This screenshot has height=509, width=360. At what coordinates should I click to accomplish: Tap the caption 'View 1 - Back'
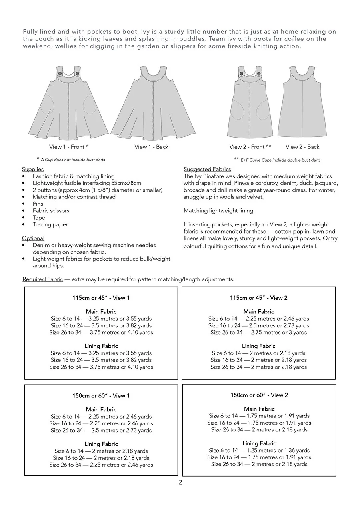coord(152,147)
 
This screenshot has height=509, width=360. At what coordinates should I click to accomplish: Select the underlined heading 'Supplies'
coord(33,169)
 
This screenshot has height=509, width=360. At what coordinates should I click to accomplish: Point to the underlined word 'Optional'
coord(33,238)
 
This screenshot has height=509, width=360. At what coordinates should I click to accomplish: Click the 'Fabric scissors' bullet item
coord(51,210)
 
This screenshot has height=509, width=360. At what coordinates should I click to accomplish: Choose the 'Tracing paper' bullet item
coord(50,224)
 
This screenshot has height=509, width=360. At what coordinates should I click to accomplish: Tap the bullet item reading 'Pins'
coord(38,204)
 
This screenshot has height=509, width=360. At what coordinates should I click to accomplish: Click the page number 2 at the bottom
coord(180,482)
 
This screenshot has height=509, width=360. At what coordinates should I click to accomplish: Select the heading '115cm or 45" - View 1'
coord(101,298)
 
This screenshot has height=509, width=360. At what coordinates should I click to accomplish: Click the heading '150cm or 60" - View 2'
coord(259,395)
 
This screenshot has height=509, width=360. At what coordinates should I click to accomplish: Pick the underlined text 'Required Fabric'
coord(43,279)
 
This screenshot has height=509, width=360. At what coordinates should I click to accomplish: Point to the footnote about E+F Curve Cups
coord(277,160)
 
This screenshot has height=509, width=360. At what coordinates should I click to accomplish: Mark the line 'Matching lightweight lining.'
coord(219,210)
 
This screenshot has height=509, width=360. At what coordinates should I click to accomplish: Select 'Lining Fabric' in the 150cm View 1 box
coord(101,444)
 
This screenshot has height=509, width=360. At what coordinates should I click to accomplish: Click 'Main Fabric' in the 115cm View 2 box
coord(259,311)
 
